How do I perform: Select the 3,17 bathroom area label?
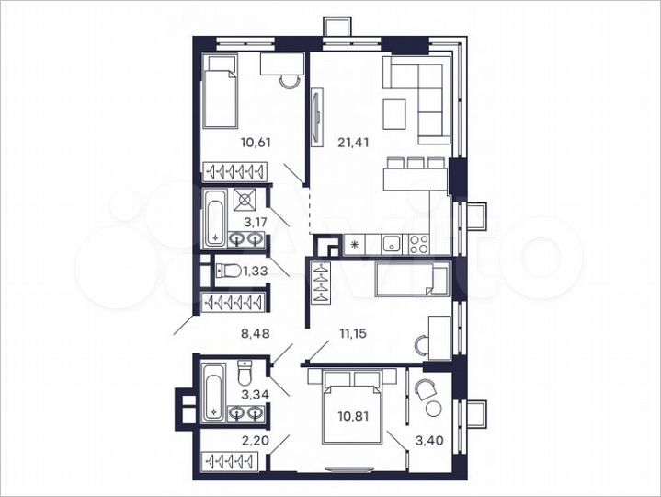tap(255, 221)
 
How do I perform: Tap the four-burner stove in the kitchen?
tap(418, 245)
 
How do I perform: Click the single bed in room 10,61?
tap(222, 92)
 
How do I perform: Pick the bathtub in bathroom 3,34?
tap(214, 391)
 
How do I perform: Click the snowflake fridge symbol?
tap(355, 245)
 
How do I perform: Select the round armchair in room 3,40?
tap(427, 391)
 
